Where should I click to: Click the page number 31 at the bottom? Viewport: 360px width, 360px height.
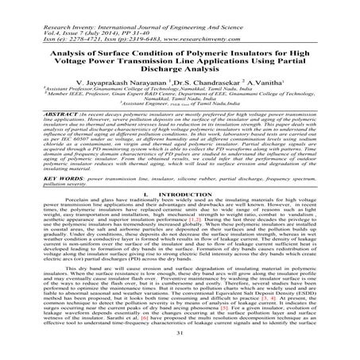click(x=179, y=353)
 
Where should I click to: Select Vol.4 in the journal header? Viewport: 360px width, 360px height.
click(x=27, y=16)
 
